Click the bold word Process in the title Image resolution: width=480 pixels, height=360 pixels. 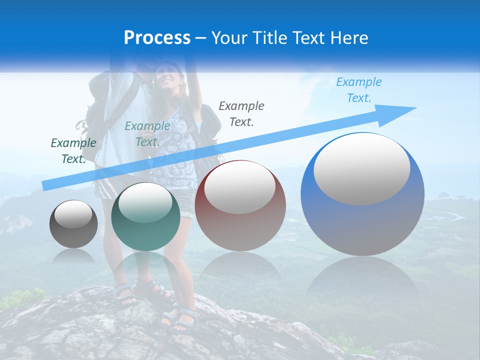(x=157, y=38)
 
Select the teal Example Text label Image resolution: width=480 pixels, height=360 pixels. (x=147, y=134)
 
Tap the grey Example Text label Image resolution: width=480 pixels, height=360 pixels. (x=241, y=113)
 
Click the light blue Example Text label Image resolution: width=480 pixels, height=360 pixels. (x=359, y=90)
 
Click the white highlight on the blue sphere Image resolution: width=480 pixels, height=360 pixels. (x=362, y=168)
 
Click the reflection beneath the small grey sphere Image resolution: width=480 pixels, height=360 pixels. (x=73, y=257)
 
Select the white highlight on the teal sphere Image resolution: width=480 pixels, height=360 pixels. (x=145, y=203)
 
